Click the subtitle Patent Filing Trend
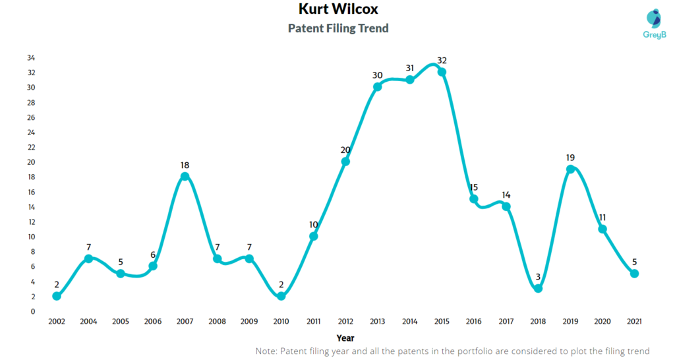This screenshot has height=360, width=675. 338,28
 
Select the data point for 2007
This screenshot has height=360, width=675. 185,177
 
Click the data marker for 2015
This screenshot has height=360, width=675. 442,72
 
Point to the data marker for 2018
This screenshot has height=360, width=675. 538,288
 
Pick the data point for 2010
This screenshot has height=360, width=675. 281,296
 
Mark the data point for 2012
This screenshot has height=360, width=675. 345,162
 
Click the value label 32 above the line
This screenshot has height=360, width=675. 442,61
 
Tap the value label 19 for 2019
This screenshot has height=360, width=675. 570,158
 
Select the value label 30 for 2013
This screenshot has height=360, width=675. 378,75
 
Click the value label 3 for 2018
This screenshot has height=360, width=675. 538,277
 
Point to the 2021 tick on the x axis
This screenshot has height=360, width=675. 634,321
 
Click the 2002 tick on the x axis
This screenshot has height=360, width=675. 57,321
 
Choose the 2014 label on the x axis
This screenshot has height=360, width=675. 409,321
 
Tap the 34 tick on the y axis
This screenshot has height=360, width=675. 31,58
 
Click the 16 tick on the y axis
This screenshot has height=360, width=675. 31,192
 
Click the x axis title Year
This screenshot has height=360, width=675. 345,338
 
